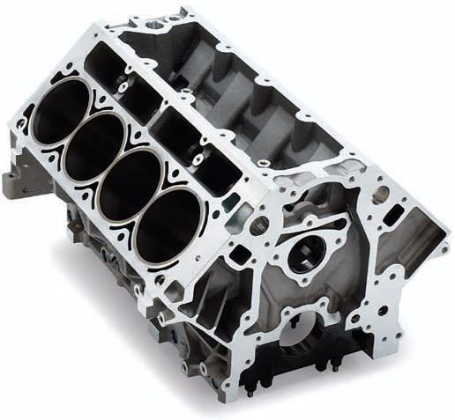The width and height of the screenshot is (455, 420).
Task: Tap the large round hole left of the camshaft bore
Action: coord(257,226)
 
